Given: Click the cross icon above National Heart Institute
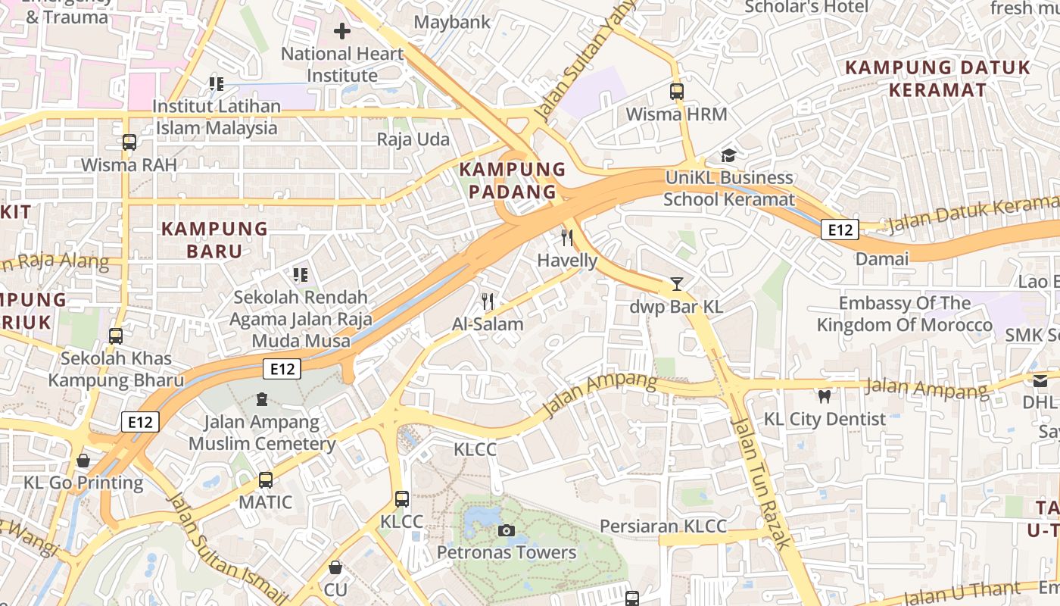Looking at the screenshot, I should (342, 31).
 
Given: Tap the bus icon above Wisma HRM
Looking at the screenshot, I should (677, 92).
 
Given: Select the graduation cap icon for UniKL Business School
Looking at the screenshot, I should (728, 155).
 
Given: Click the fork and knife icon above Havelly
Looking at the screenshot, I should (567, 238).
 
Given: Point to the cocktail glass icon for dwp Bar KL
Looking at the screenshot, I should (677, 284).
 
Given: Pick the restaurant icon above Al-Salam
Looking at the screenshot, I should (488, 301).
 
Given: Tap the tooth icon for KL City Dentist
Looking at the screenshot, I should (825, 395).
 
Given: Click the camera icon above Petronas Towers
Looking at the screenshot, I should (507, 530).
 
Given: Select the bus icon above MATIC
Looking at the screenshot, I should (266, 479).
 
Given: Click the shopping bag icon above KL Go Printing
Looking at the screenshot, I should (83, 460).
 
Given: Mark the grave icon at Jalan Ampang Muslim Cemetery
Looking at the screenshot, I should (262, 398).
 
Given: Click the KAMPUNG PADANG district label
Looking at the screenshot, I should (513, 180).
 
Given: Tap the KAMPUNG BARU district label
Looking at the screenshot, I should (214, 239).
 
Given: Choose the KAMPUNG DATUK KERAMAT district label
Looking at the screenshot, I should (937, 79).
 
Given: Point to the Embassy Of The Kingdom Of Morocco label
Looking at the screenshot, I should (904, 314).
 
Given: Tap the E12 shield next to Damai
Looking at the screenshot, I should (840, 230).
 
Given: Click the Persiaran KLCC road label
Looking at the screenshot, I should (663, 526).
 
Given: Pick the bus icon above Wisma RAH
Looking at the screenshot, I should (129, 142).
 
